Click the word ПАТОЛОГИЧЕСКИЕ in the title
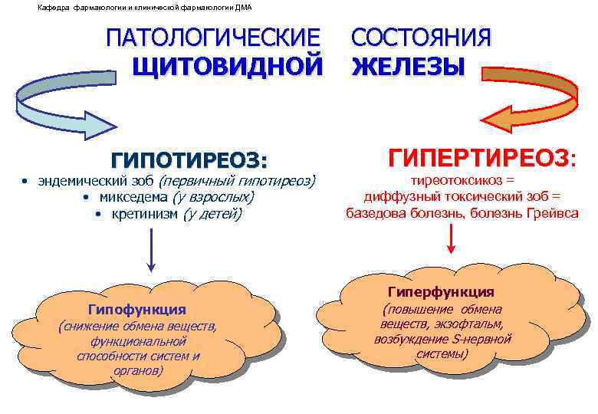tap(213, 38)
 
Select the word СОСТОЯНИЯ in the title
tap(421, 38)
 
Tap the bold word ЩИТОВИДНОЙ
tap(228, 67)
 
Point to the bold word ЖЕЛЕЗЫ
tap(408, 67)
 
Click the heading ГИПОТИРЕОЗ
tap(189, 161)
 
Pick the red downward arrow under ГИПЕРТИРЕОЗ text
tap(452, 239)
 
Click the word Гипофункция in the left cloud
tap(137, 310)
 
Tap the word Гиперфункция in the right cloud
tap(441, 292)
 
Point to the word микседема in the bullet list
tap(135, 198)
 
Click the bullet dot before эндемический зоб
tap(25, 182)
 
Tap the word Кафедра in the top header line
tap(51, 8)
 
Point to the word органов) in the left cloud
tap(137, 370)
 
